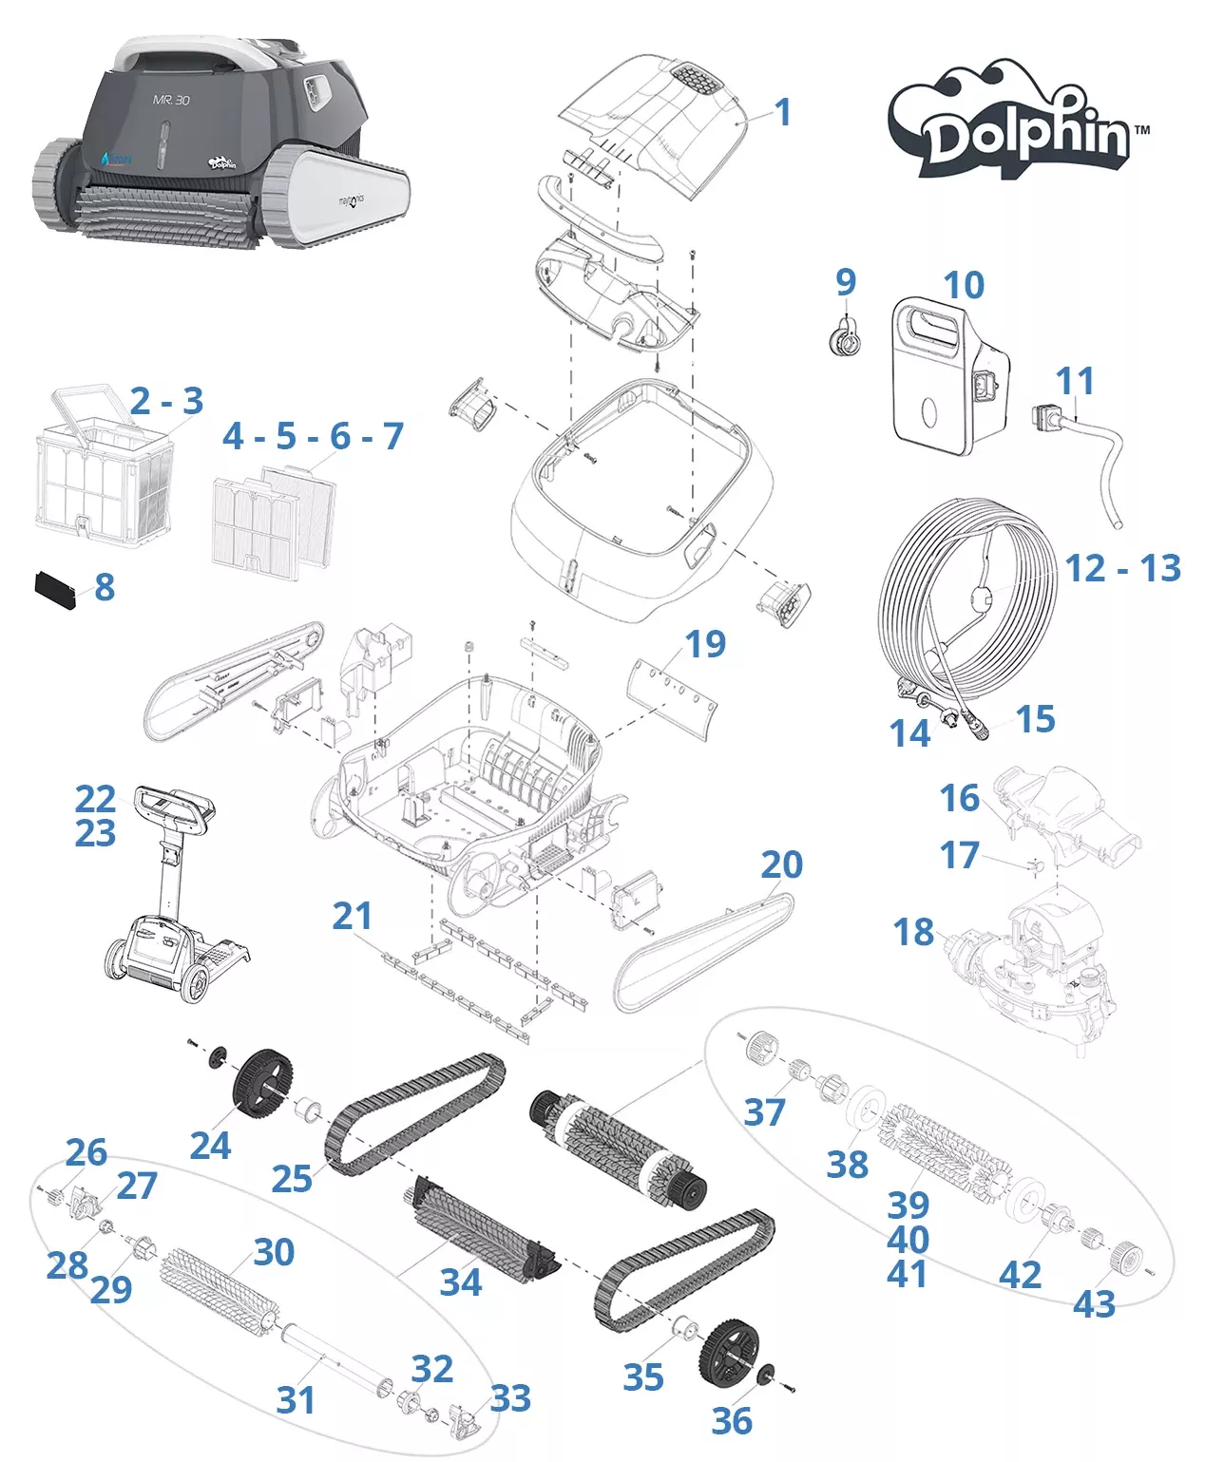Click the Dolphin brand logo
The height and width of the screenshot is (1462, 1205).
pos(1017,123)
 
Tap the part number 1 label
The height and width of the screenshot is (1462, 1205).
pos(783,113)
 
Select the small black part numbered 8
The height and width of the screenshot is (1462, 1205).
pos(55,589)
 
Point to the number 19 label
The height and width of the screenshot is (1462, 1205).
pos(705,644)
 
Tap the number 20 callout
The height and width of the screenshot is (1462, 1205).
pos(781,864)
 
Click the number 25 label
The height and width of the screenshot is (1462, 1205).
pos(292,1179)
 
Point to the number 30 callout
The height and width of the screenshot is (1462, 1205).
pos(274,1252)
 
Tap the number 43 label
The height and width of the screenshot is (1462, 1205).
pos(1094,1304)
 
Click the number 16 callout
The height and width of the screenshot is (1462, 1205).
pos(960,799)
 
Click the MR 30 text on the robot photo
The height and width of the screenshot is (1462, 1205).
pos(171,100)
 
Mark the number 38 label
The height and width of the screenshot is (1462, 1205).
pos(847,1164)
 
